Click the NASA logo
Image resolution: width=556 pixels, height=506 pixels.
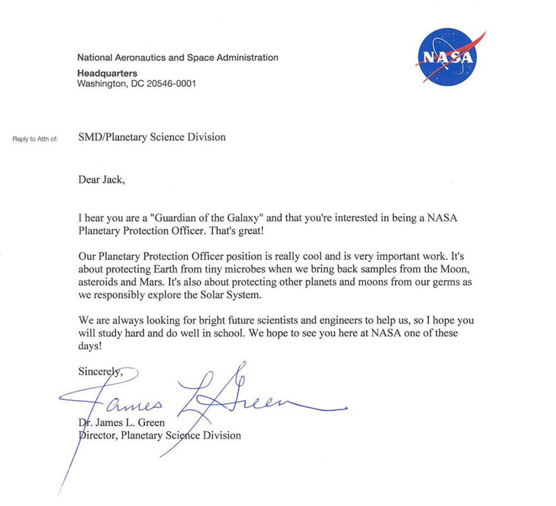pyautogui.click(x=447, y=57)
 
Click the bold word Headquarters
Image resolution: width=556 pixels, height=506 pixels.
pyautogui.click(x=107, y=73)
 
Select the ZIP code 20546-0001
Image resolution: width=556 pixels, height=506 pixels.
pyautogui.click(x=171, y=83)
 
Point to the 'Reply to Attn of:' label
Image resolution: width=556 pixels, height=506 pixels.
pyautogui.click(x=35, y=139)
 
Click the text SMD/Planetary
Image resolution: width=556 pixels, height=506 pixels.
pyautogui.click(x=116, y=137)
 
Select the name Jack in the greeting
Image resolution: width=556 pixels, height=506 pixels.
pyautogui.click(x=113, y=180)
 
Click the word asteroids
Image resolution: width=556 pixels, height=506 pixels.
pyautogui.click(x=98, y=282)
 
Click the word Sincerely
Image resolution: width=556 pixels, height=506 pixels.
pyautogui.click(x=100, y=372)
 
